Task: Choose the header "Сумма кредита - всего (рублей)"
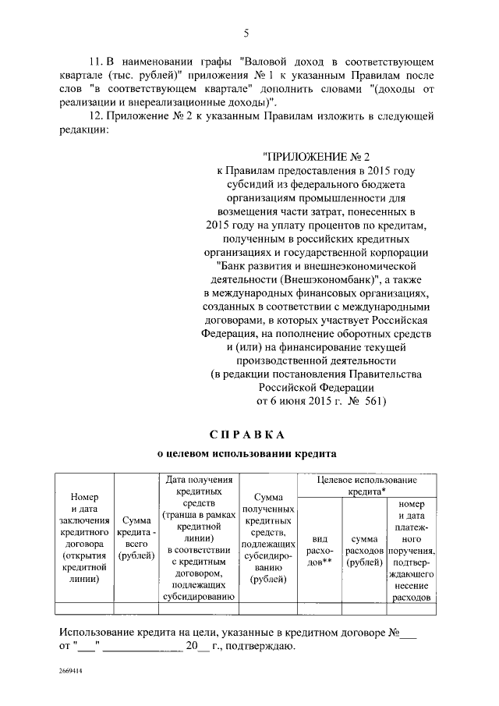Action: click(136, 538)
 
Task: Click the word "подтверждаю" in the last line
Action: click(260, 647)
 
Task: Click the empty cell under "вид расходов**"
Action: click(318, 609)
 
